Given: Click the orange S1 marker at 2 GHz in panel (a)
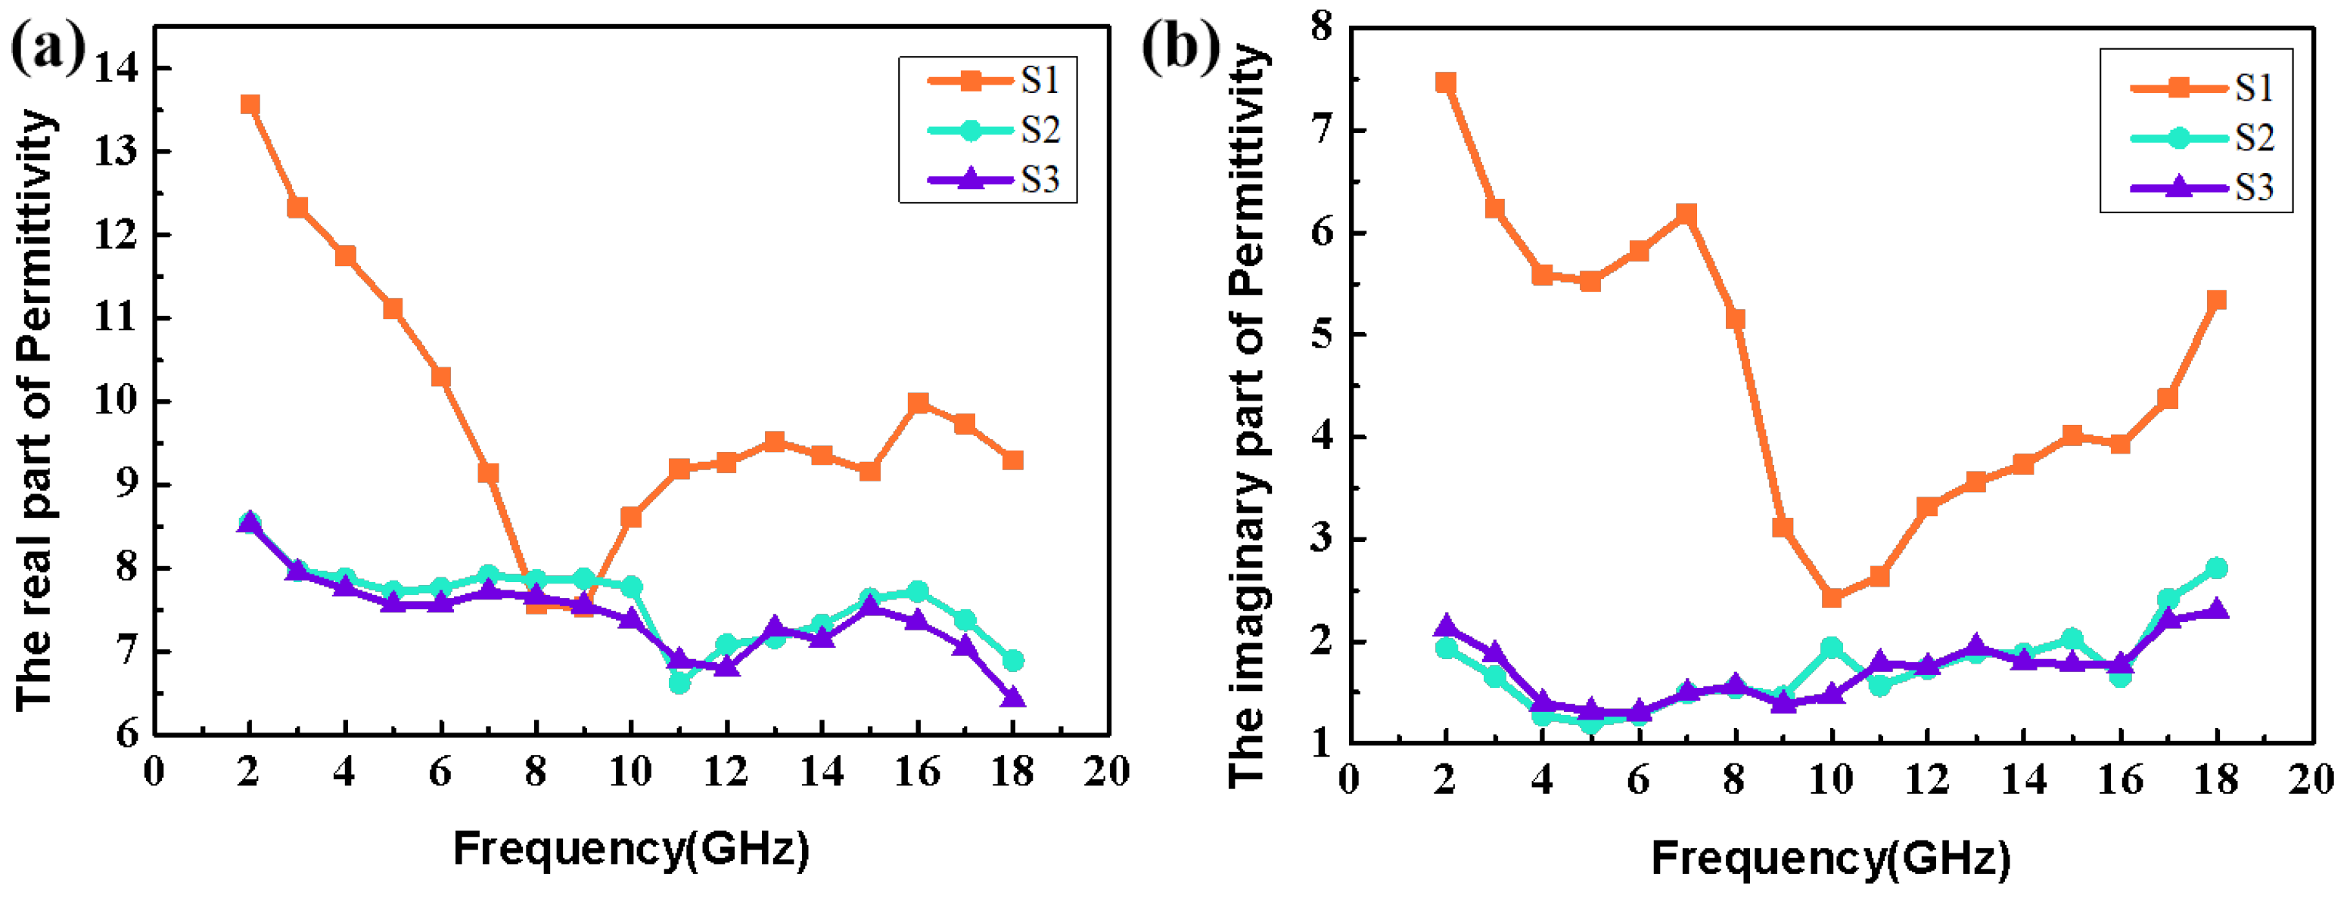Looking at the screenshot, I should (250, 105).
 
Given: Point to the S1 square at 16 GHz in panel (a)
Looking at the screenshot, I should (918, 403).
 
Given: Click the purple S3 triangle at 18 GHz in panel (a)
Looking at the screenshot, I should (1012, 698).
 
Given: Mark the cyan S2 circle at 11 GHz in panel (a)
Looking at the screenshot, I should (679, 682).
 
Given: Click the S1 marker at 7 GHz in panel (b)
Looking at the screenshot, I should (1686, 214).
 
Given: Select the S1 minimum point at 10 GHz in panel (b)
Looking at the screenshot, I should (1831, 597).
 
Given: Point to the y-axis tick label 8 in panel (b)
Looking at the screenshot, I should (1321, 27).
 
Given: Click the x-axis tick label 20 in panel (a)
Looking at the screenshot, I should (1105, 773).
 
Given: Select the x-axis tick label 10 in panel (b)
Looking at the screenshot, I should (1830, 780).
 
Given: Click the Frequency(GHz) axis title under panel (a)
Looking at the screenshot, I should (631, 849).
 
